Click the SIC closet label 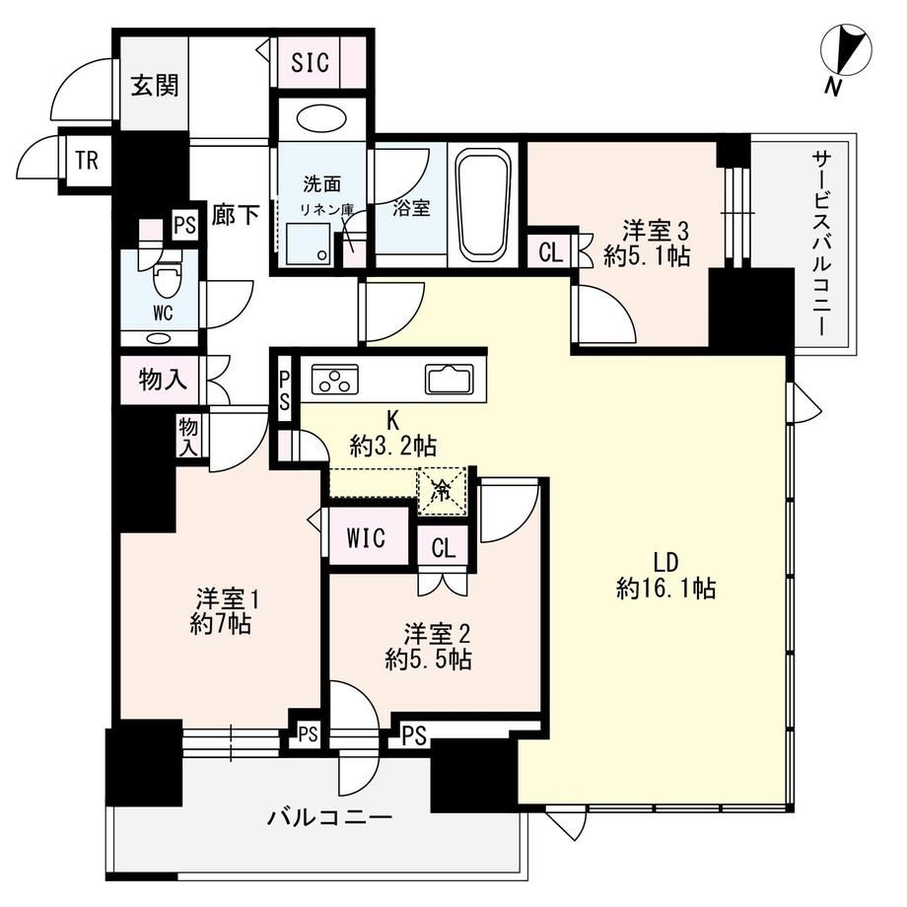310,62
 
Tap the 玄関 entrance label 155,86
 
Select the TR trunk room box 88,161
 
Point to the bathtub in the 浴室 483,204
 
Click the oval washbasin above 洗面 321,118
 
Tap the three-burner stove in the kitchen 335,380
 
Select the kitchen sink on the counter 449,380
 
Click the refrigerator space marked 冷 442,491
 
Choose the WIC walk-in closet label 366,538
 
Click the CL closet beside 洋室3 550,252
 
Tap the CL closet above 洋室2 444,547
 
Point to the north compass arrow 846,51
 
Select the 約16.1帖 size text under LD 665,589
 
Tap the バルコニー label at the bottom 329,817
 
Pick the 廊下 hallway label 235,215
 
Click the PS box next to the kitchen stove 285,391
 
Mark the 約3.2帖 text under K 392,446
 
